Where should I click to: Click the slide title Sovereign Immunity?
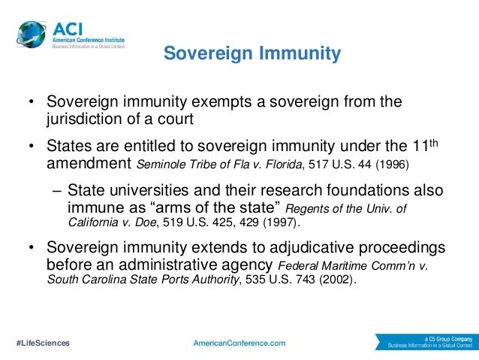pos(252,54)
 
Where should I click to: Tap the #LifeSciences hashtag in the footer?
pos(43,342)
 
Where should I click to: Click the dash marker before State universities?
pos(50,191)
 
